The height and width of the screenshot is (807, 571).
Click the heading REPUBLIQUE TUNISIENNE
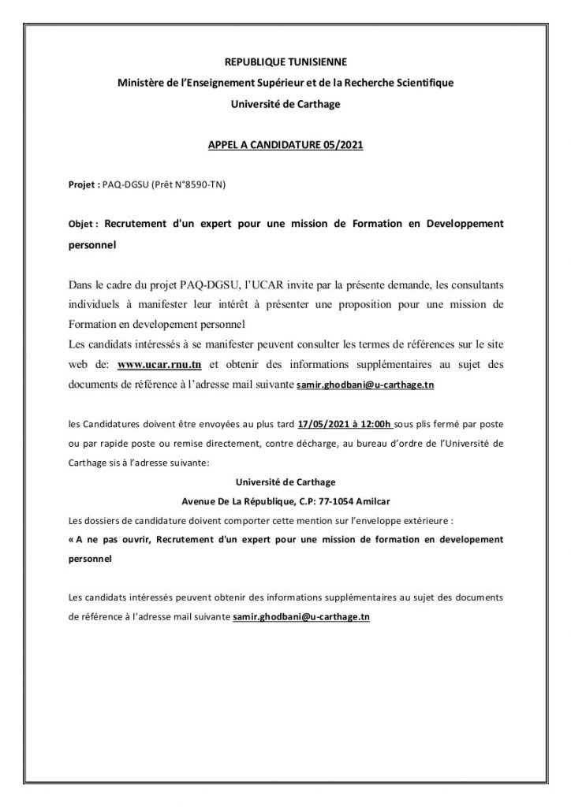tap(285, 61)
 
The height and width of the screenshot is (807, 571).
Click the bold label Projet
tap(82, 186)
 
